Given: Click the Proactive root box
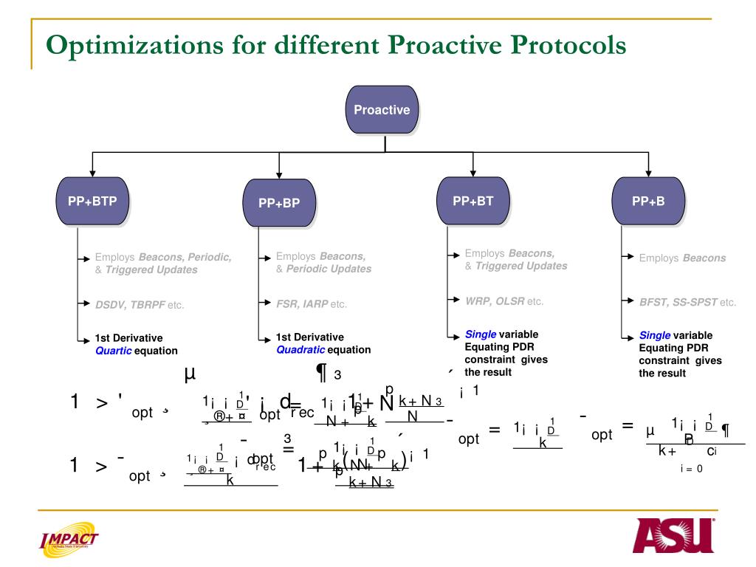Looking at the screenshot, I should [382, 110].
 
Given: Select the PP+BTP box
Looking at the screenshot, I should [92, 200].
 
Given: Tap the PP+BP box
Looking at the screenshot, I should [279, 203].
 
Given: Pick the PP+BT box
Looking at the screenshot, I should [472, 200].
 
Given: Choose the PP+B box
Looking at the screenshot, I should [648, 200].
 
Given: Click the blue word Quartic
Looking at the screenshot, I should [113, 351].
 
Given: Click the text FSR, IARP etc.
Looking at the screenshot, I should [311, 303].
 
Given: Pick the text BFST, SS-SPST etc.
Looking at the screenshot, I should [687, 302].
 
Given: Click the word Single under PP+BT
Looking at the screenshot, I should [480, 334].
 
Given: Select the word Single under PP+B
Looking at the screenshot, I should [654, 335].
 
